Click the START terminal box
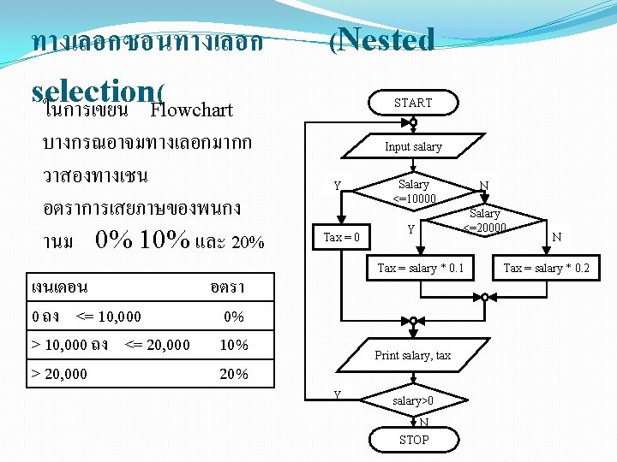coord(413,103)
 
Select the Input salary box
coord(413,146)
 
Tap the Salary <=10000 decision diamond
coord(414,191)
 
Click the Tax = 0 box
coord(342,236)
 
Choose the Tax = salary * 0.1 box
coord(420,268)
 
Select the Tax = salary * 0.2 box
coord(546,268)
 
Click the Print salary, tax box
coord(413,355)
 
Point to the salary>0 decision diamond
coord(413,400)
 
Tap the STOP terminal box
coord(414,440)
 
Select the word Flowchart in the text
coord(191,110)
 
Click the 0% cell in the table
coord(233,317)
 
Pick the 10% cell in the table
coord(234,345)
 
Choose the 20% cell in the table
coord(234,374)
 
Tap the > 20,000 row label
coord(59,374)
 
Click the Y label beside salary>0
coord(337,394)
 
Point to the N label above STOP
coord(423,423)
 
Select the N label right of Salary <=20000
coord(557,236)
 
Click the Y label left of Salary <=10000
coord(337,186)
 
